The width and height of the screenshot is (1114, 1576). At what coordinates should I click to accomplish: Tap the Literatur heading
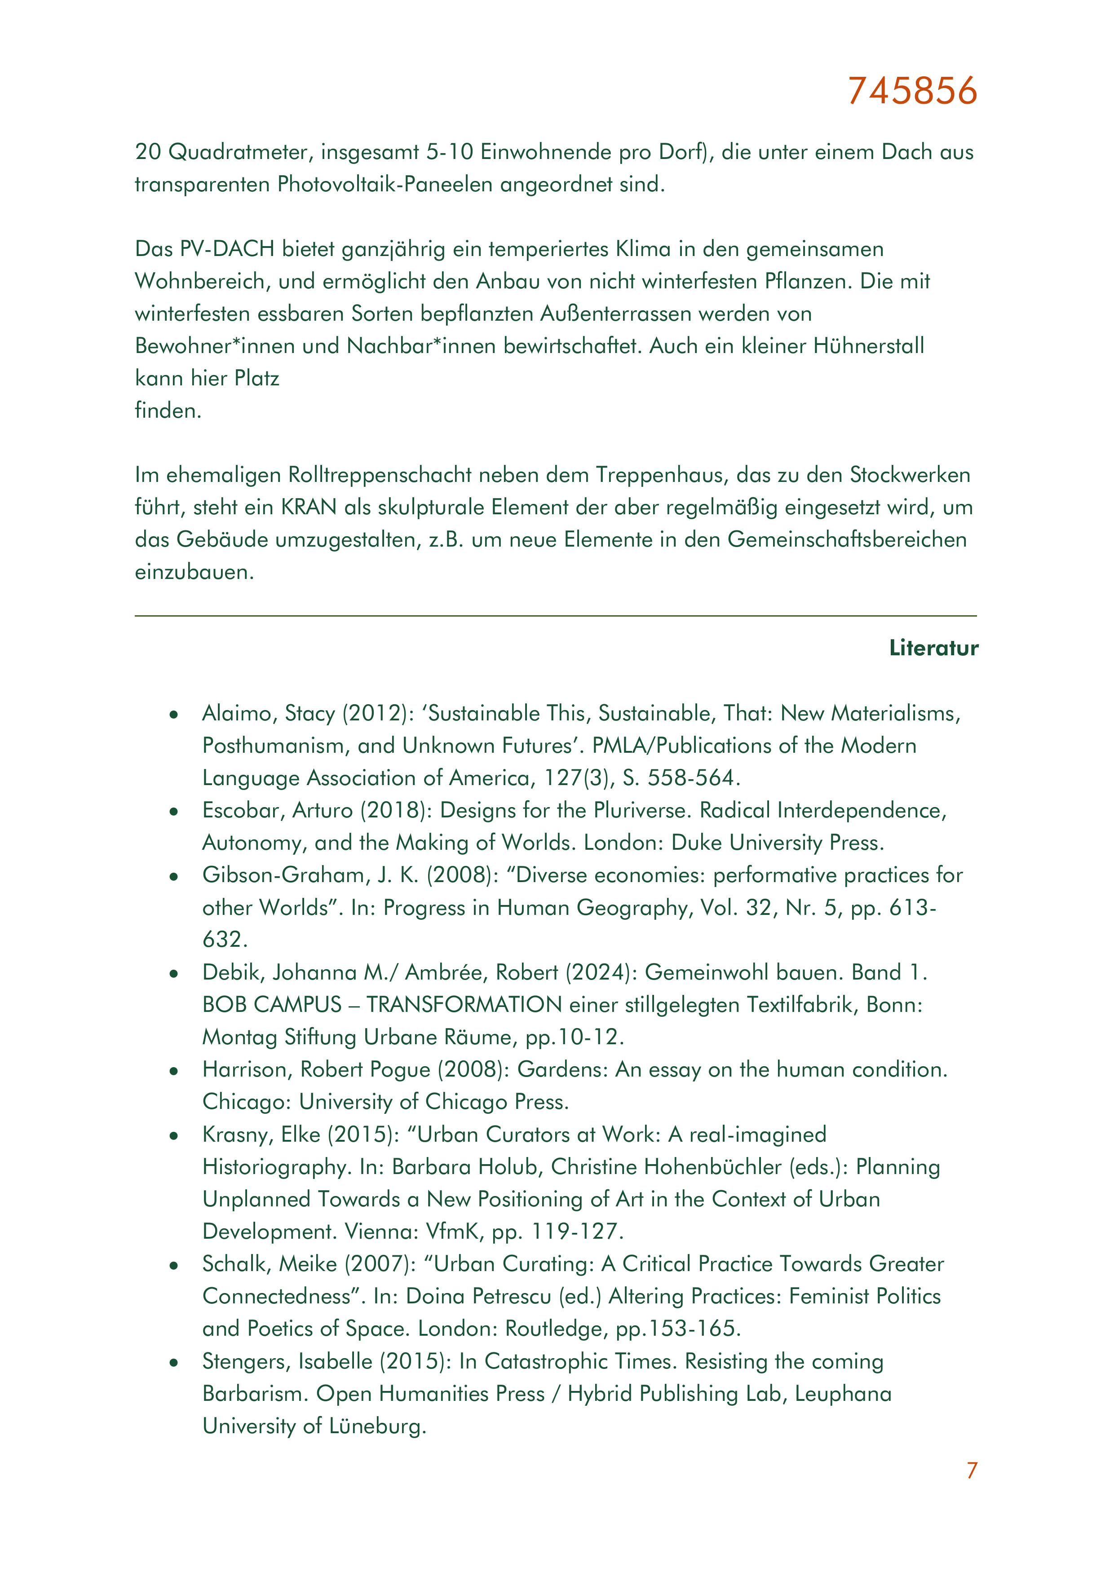(x=933, y=648)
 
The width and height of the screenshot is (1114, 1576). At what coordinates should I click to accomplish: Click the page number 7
(x=971, y=1470)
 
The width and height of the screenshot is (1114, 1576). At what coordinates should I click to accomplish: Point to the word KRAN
(x=309, y=507)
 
